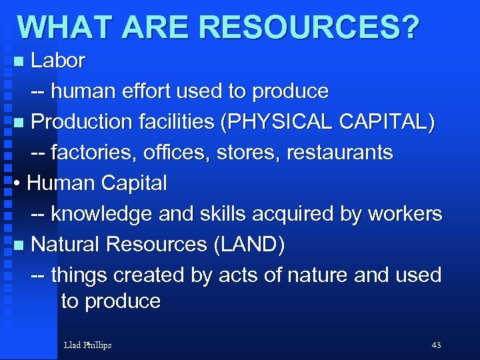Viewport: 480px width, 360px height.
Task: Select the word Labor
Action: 58,61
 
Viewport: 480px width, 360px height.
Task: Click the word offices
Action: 167,153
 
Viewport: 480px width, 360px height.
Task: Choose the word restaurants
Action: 339,153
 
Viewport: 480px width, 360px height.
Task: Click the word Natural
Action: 66,245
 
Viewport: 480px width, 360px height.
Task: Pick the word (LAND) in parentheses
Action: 249,245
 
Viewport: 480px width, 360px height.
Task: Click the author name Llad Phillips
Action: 87,345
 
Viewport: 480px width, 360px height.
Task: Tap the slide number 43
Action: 437,345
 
